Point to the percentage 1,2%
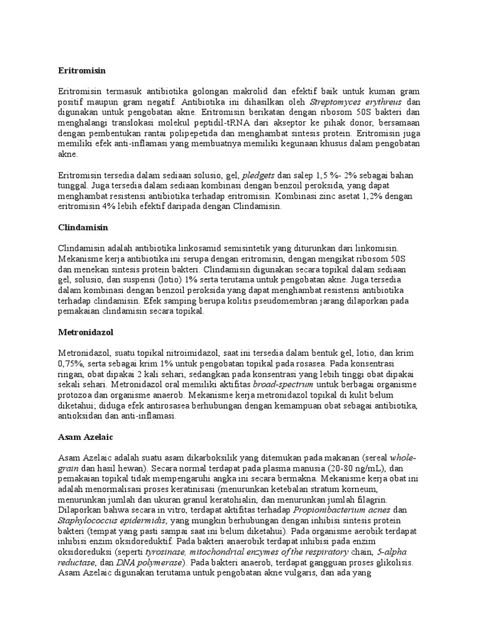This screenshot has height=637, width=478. [383, 195]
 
